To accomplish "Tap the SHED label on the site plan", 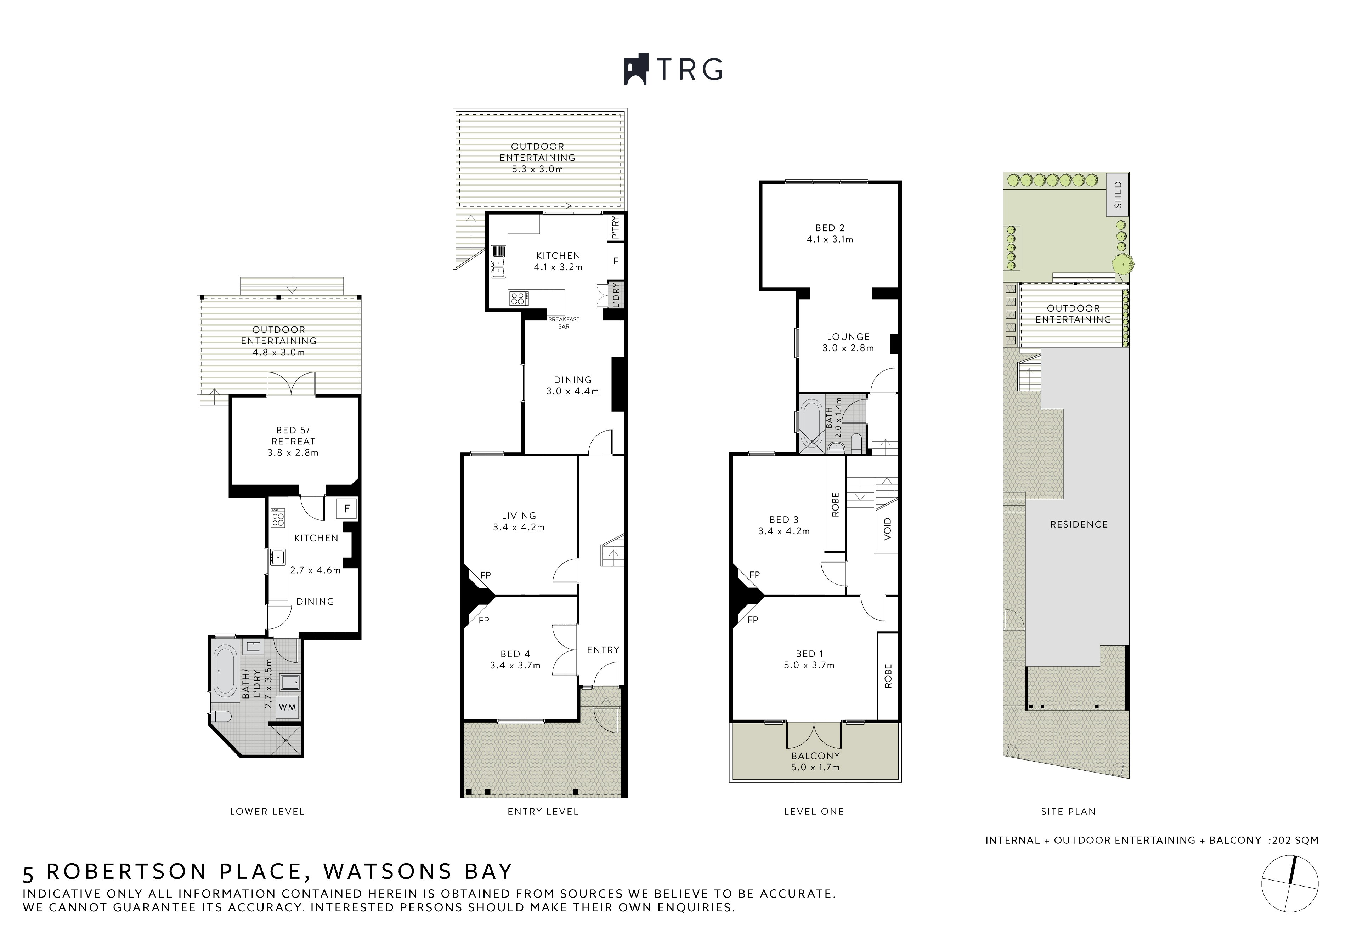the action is pyautogui.click(x=1118, y=194).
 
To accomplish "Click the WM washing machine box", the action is pyautogui.click(x=287, y=707).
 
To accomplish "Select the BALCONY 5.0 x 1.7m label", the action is pyautogui.click(x=815, y=762).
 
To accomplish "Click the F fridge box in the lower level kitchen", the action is pyautogui.click(x=346, y=509).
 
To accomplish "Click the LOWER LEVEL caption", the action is pyautogui.click(x=267, y=812).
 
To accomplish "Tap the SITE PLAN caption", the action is pyautogui.click(x=1068, y=812).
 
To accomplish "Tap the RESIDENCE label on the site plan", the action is pyautogui.click(x=1079, y=524).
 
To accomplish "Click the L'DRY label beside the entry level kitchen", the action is pyautogui.click(x=615, y=295).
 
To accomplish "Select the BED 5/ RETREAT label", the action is pyautogui.click(x=293, y=441).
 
